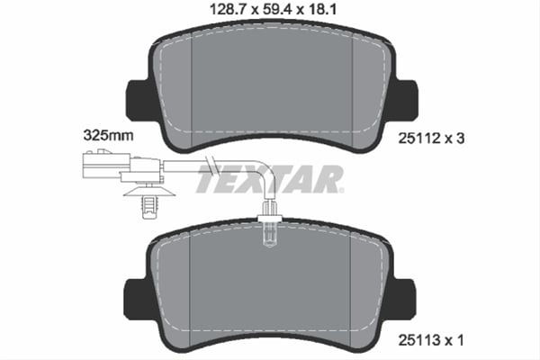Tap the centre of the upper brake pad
[270, 85]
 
